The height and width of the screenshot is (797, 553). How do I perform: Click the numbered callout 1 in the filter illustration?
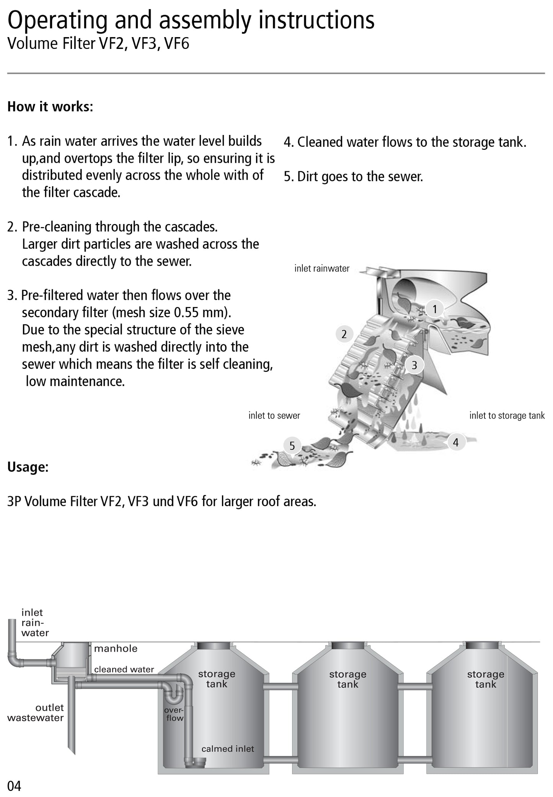click(435, 309)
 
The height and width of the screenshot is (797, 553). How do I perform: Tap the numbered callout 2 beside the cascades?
click(344, 334)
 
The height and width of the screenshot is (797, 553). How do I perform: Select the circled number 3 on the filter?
click(414, 365)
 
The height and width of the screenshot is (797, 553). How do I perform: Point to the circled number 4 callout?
click(455, 443)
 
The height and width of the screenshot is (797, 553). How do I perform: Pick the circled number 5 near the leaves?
click(292, 446)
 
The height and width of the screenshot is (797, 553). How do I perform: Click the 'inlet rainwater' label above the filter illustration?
click(322, 269)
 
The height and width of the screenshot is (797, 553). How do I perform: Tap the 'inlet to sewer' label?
click(274, 416)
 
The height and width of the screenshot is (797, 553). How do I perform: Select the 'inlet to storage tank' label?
click(507, 416)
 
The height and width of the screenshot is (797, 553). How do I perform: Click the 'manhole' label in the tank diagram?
click(116, 649)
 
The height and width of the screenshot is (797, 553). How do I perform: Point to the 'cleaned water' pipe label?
click(124, 669)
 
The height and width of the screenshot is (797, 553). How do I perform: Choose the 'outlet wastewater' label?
click(36, 713)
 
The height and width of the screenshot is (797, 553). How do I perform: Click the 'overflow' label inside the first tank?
click(175, 714)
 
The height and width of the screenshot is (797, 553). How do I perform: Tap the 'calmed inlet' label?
click(228, 749)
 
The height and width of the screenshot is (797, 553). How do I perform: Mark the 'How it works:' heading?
click(50, 107)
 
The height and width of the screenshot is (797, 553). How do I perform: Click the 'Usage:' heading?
click(28, 467)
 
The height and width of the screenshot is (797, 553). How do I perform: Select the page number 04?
click(14, 786)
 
